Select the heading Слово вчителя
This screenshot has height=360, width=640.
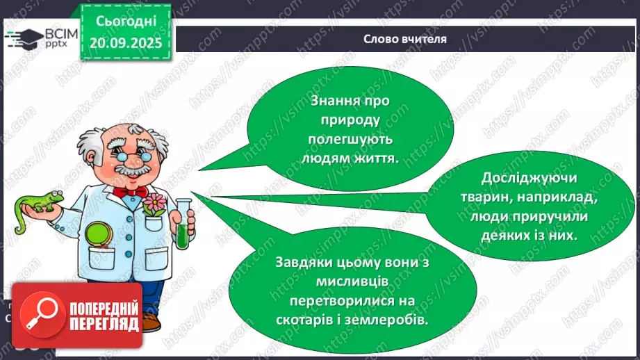404,39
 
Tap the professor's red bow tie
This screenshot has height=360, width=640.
129,190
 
